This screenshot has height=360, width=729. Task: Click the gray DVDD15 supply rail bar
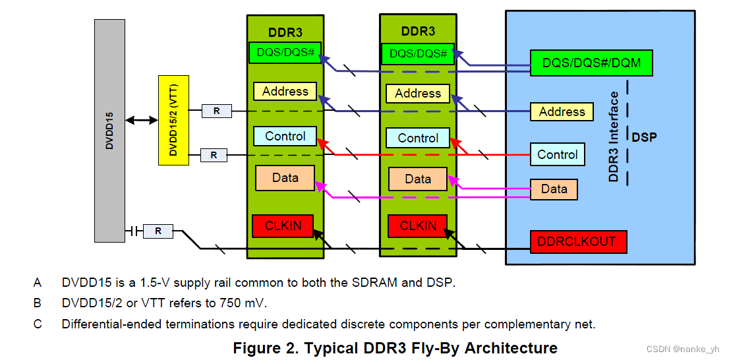pyautogui.click(x=109, y=131)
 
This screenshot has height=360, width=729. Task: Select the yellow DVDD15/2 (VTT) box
pyautogui.click(x=173, y=120)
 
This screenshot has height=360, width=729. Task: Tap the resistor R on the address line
pyautogui.click(x=217, y=111)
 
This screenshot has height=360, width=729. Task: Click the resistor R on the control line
pyautogui.click(x=214, y=156)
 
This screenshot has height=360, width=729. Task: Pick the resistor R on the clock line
pyautogui.click(x=158, y=231)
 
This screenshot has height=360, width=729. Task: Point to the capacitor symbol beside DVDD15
pyautogui.click(x=134, y=231)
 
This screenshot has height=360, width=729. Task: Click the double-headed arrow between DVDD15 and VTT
pyautogui.click(x=142, y=120)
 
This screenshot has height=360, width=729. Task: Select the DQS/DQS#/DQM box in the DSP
pyautogui.click(x=591, y=63)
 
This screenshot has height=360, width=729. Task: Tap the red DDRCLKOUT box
pyautogui.click(x=579, y=242)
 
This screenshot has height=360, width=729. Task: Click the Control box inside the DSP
pyautogui.click(x=558, y=154)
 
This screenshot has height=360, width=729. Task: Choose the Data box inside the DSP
pyautogui.click(x=554, y=189)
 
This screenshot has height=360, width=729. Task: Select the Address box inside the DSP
pyautogui.click(x=562, y=112)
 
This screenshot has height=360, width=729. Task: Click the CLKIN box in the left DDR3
pyautogui.click(x=283, y=226)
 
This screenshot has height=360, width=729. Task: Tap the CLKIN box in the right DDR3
pyautogui.click(x=417, y=226)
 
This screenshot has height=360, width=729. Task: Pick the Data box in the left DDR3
pyautogui.click(x=285, y=177)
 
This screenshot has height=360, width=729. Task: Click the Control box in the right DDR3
pyautogui.click(x=418, y=138)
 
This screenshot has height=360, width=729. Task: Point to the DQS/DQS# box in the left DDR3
pyautogui.click(x=285, y=53)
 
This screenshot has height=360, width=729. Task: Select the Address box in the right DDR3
pyautogui.click(x=418, y=94)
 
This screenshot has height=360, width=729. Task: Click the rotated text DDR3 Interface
pyautogui.click(x=614, y=136)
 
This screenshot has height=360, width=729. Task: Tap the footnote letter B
pyautogui.click(x=37, y=303)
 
